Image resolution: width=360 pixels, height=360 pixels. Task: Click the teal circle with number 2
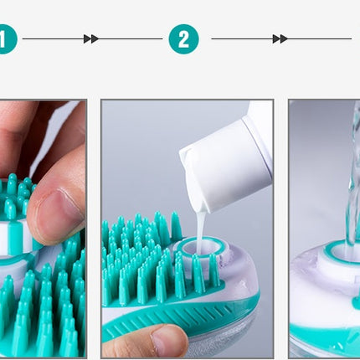point(183,39)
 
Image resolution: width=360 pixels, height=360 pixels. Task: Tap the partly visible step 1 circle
point(6,39)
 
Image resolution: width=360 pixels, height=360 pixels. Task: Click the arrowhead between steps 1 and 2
point(91,39)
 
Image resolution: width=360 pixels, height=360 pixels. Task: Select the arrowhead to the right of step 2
point(280,39)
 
